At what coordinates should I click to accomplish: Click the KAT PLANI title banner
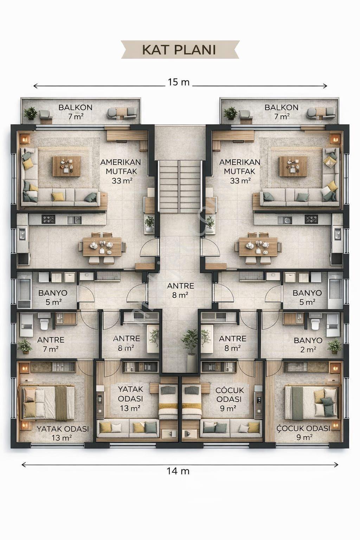coord(180,50)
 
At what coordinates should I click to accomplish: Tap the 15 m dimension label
coord(179,83)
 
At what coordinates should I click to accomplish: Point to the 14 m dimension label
coord(178,471)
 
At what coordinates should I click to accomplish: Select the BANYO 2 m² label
coord(308,345)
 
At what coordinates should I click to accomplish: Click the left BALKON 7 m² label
coord(76,112)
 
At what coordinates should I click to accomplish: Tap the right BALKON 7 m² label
coord(281,112)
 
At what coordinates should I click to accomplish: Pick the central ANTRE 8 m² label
coord(180,290)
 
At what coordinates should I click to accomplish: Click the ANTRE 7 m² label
coord(51,344)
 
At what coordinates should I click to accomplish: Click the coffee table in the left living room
coord(67,166)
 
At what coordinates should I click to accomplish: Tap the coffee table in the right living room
coord(293,166)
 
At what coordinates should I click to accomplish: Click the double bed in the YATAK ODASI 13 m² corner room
coord(48,403)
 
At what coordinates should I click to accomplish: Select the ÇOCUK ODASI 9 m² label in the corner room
coord(303,433)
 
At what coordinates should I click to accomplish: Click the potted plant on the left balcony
coord(31,113)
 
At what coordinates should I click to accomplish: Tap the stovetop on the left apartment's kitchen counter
coord(48,219)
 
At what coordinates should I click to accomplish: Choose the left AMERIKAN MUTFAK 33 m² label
coord(121,171)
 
